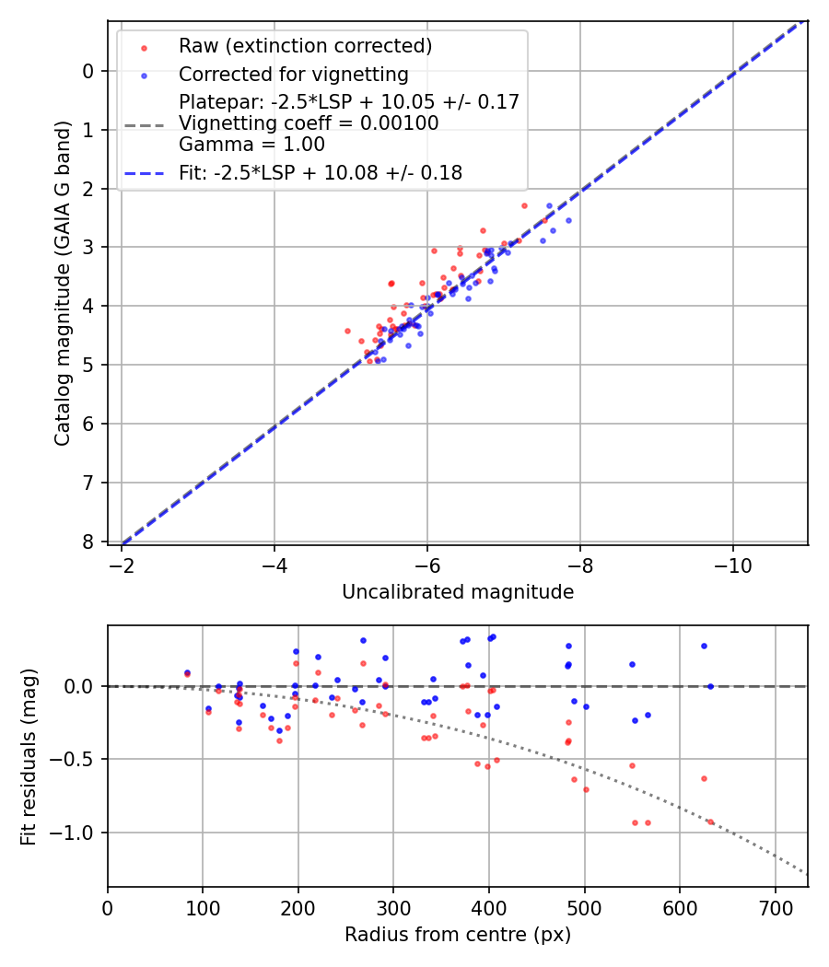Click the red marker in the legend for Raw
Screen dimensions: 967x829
click(x=144, y=46)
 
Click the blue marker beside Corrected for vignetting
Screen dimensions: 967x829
click(x=144, y=75)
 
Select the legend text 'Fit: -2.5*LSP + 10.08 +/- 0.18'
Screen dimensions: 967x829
click(x=320, y=172)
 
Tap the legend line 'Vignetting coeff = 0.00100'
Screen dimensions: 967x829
click(x=309, y=123)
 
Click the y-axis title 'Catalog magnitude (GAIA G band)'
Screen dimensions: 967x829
click(x=63, y=283)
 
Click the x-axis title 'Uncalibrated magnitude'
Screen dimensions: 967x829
click(x=458, y=592)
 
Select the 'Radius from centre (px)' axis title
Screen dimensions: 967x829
click(x=458, y=935)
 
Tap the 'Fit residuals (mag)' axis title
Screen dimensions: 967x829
click(x=29, y=756)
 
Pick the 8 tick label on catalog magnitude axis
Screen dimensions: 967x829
click(x=89, y=542)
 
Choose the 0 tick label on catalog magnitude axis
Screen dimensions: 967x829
click(x=89, y=71)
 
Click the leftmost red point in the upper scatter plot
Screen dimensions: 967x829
click(x=347, y=331)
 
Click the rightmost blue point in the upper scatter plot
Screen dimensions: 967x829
click(x=568, y=220)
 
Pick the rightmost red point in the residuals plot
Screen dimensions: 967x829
click(x=710, y=821)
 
